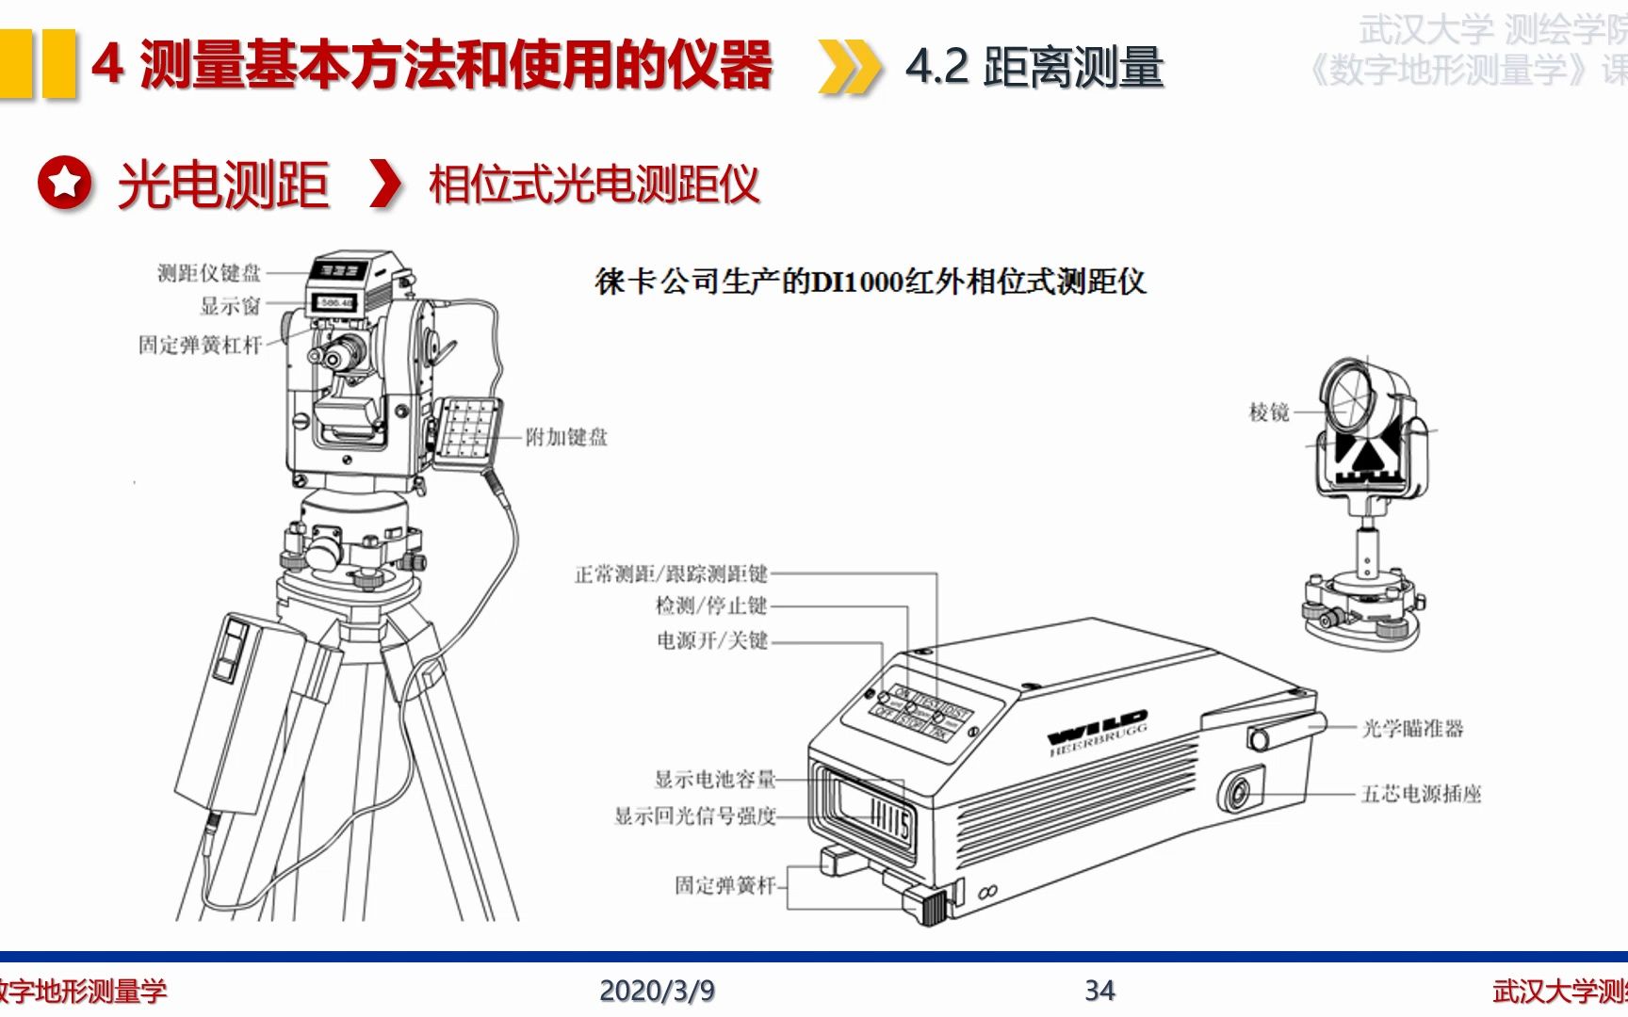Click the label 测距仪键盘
208,273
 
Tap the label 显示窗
230,306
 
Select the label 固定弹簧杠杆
200,345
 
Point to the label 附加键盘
566,437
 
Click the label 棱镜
1268,412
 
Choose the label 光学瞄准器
1412,728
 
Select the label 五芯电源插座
1421,794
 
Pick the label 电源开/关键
712,640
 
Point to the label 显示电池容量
714,779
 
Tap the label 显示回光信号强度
694,815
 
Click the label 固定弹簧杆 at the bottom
724,885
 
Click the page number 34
1099,991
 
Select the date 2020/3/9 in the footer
657,991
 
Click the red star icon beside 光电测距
64,183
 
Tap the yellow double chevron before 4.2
848,67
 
